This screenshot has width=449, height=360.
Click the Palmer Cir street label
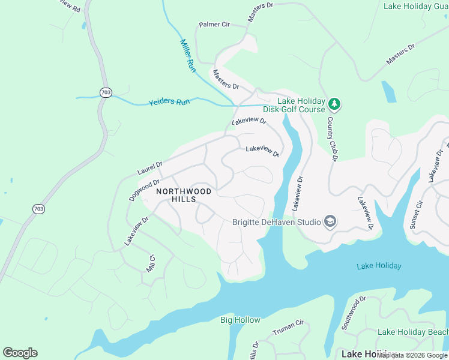(214, 25)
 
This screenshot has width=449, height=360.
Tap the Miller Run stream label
(188, 56)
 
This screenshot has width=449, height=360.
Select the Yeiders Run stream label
(169, 102)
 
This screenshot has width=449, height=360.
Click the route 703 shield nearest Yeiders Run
(106, 92)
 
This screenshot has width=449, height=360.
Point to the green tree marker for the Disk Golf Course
(334, 105)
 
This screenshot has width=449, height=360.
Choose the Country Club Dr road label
(331, 139)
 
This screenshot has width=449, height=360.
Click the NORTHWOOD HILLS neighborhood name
(184, 195)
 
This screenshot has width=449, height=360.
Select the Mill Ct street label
(151, 264)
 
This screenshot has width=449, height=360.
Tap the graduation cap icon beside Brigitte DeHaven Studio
(329, 222)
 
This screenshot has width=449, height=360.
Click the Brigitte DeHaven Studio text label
(277, 222)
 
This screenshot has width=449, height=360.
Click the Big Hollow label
(240, 320)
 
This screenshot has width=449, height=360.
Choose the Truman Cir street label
(289, 326)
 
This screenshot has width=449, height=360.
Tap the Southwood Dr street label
(354, 313)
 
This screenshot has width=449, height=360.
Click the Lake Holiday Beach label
(412, 332)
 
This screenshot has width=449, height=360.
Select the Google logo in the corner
(20, 353)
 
